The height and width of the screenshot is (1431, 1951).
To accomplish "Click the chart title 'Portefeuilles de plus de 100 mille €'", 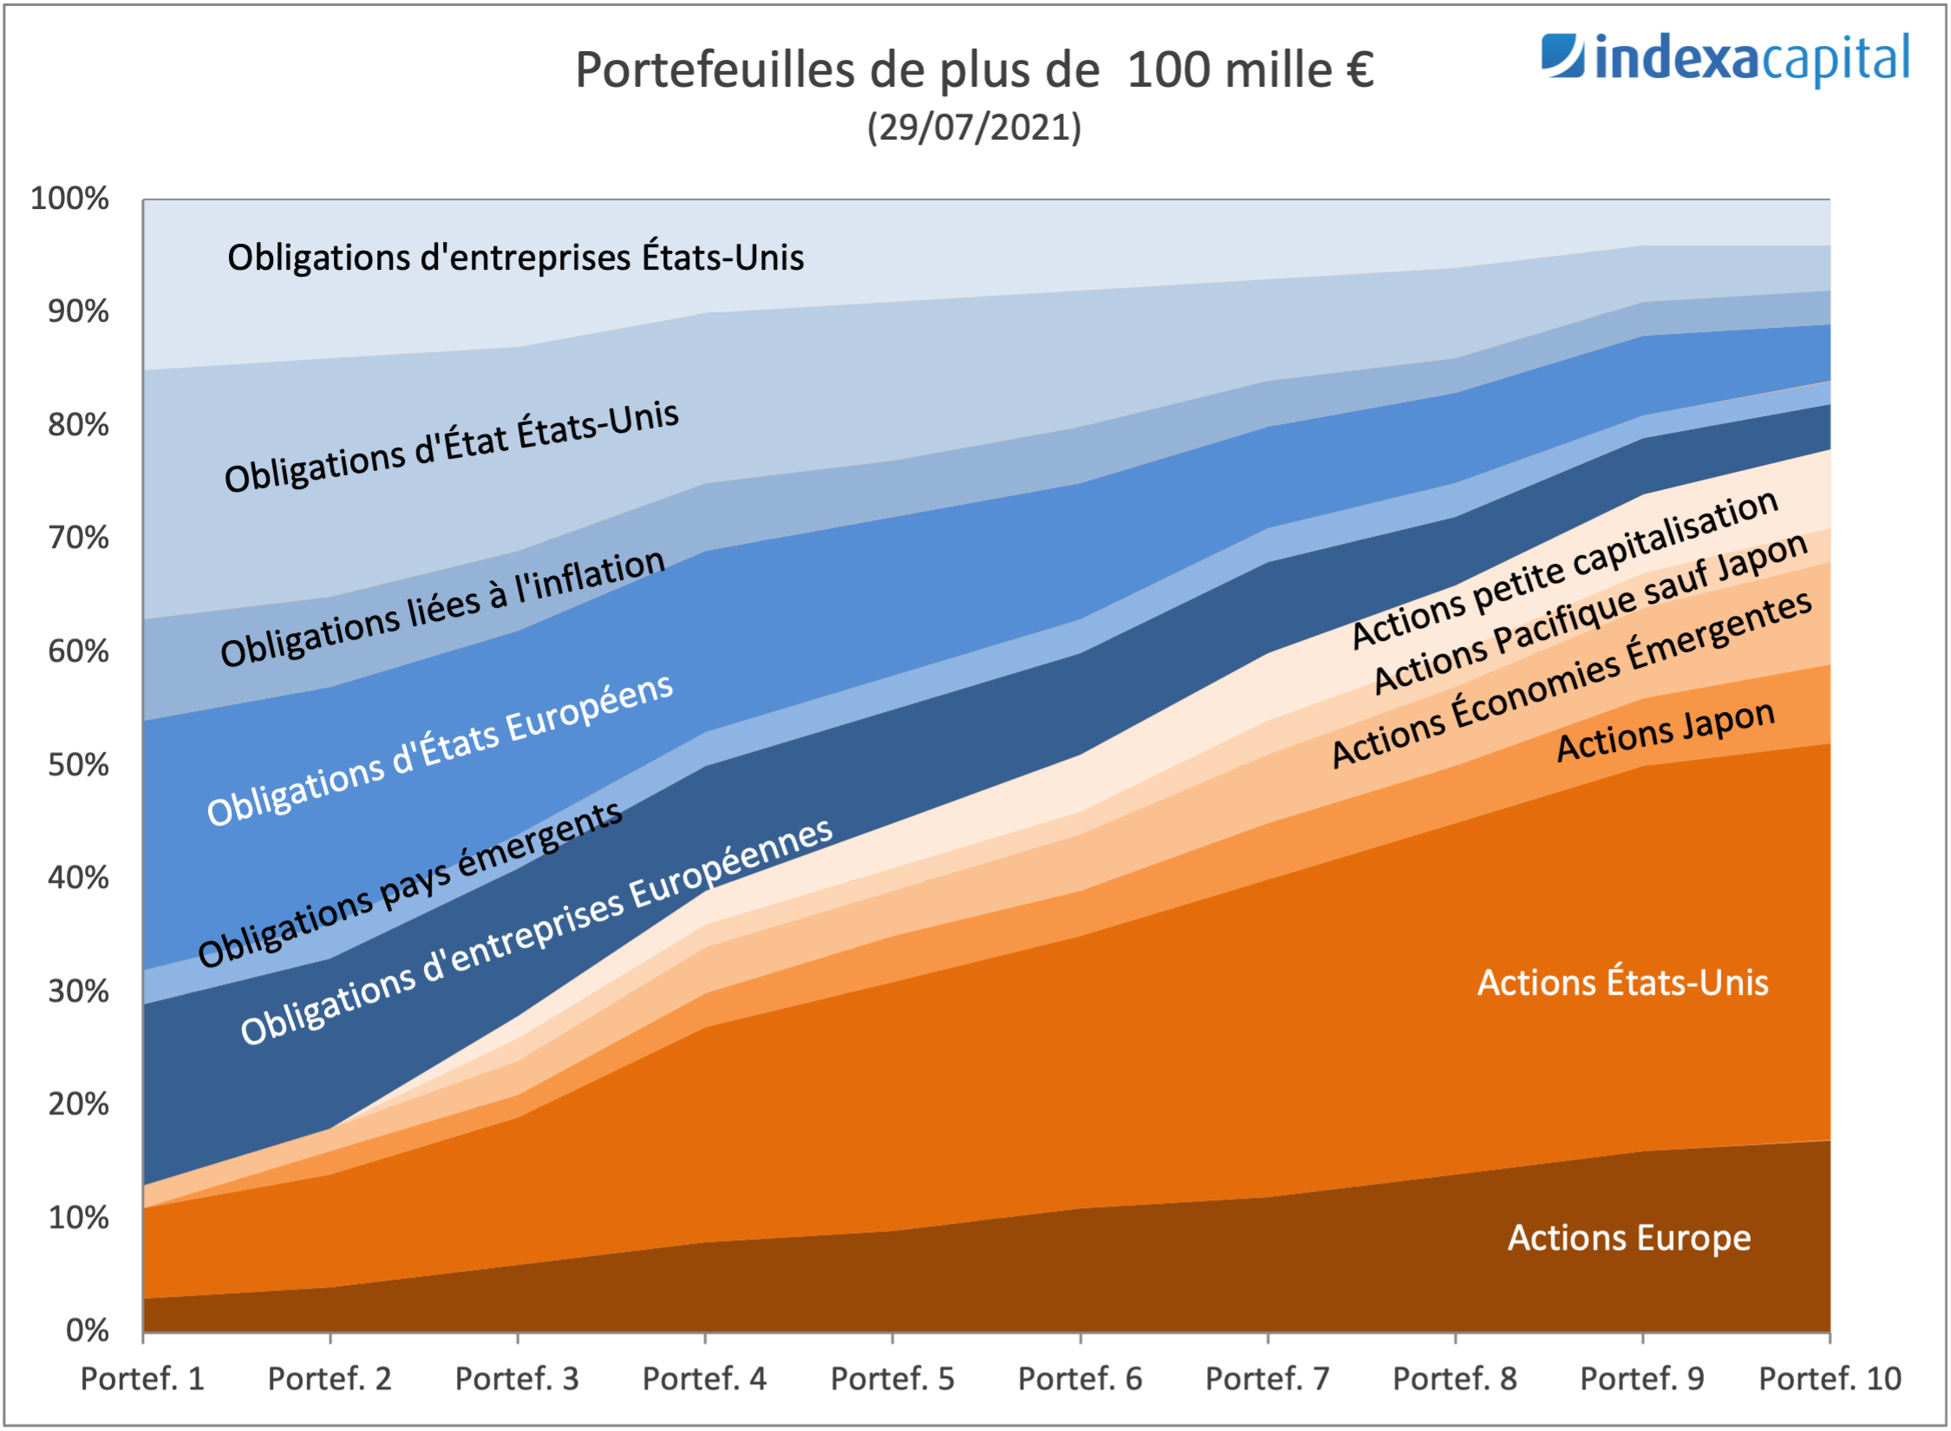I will (974, 70).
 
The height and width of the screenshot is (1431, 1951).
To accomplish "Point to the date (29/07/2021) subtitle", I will (974, 127).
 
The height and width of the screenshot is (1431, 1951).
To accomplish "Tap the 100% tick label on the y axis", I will (70, 199).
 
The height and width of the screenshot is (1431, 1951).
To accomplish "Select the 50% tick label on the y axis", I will (78, 765).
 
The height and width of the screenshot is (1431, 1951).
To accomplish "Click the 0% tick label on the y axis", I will (87, 1330).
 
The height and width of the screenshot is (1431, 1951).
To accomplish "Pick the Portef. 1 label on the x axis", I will (142, 1378).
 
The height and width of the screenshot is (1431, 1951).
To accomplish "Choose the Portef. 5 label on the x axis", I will (892, 1378).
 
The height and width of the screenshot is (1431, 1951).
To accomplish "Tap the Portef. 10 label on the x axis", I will (1830, 1378).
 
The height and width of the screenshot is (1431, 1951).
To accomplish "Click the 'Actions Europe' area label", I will (1629, 1238).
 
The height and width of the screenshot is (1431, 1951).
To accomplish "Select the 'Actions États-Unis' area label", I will (1622, 983).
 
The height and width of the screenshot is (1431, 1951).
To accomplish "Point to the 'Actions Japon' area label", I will (1666, 731).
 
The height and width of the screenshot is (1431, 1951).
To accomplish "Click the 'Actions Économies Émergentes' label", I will (1571, 679).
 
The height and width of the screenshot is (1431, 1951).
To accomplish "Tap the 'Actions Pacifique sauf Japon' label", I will (1591, 614).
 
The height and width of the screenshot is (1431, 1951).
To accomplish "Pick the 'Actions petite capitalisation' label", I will (1565, 569).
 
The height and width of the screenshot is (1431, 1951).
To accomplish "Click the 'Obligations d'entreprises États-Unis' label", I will (515, 258).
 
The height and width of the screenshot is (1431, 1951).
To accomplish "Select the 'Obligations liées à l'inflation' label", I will (442, 609).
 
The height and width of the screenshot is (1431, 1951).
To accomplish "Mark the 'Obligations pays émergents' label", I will (409, 884).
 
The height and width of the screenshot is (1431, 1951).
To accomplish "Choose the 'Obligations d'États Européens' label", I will (440, 749).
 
